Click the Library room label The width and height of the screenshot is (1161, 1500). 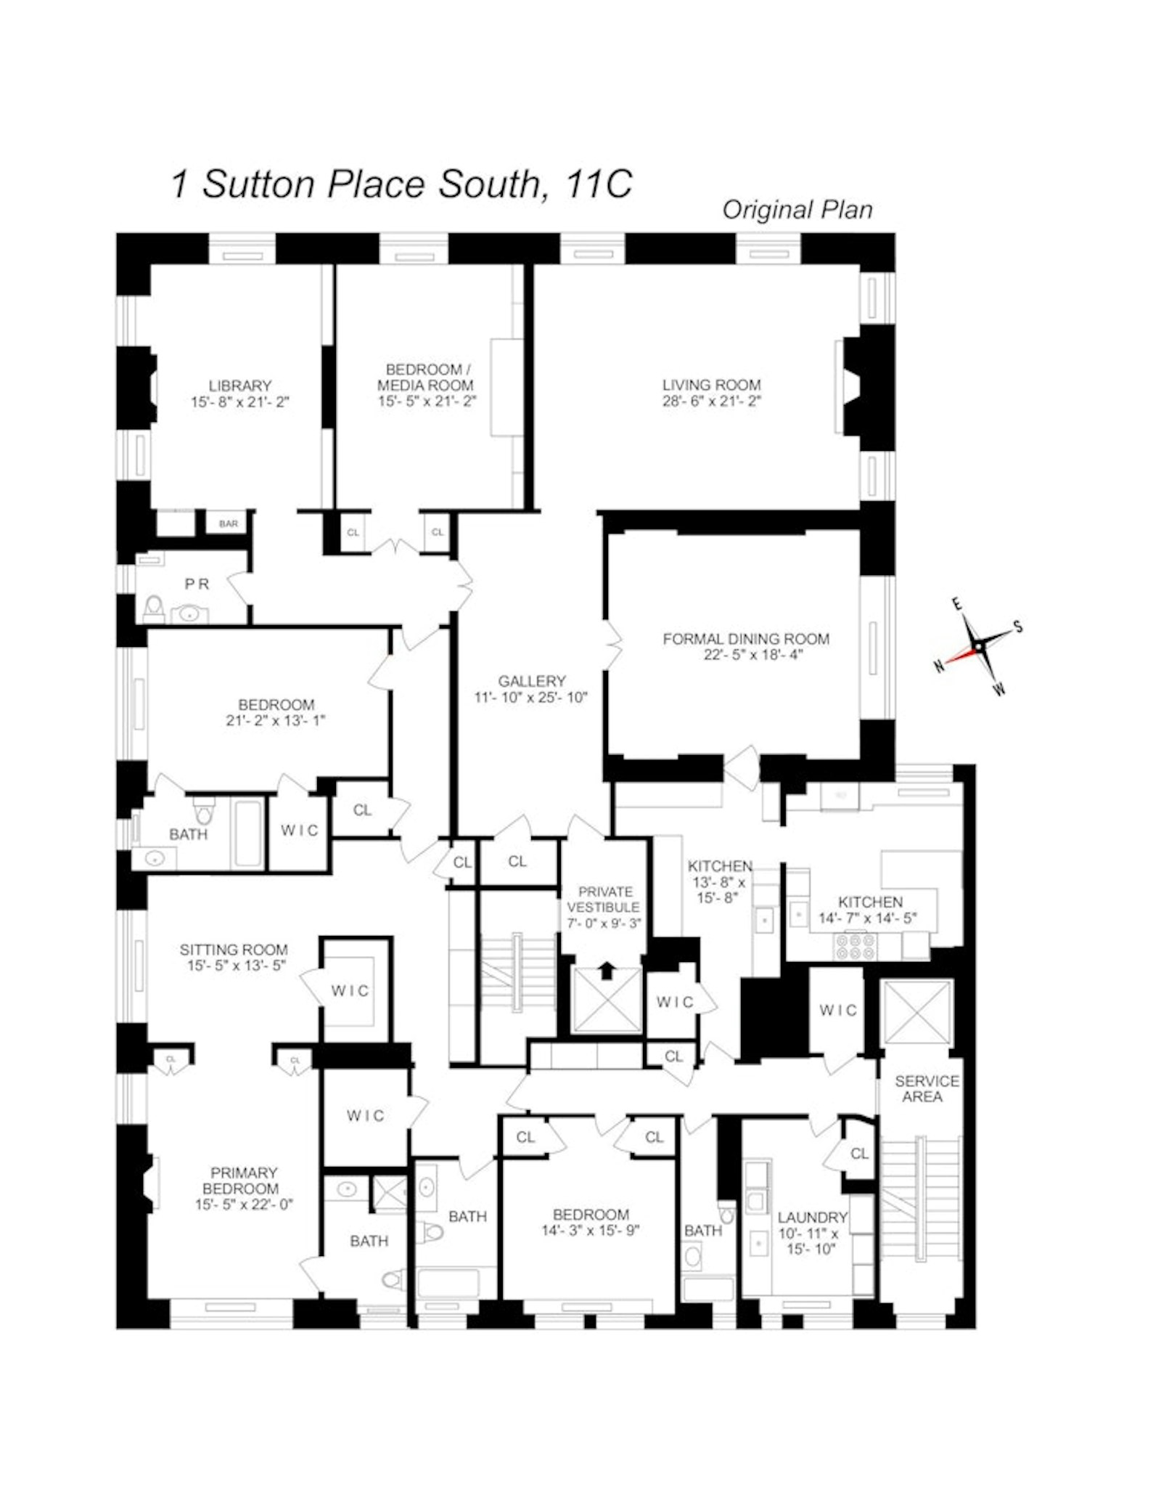click(x=239, y=386)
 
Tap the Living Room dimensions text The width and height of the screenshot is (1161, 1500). click(x=711, y=402)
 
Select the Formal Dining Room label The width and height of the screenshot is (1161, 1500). click(x=745, y=639)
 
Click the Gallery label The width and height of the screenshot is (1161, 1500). click(x=531, y=681)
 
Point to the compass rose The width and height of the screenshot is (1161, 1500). click(x=978, y=645)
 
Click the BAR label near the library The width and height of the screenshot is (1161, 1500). click(x=228, y=523)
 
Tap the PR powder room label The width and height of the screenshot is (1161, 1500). click(x=196, y=584)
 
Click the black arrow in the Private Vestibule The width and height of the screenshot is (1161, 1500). click(x=607, y=971)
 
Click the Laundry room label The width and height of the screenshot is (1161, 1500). click(x=812, y=1217)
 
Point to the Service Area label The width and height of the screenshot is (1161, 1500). click(x=926, y=1088)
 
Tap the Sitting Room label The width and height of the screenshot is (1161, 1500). click(x=234, y=949)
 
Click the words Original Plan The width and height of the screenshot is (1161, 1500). click(x=797, y=210)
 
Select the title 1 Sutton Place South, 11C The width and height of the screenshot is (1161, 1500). click(x=401, y=184)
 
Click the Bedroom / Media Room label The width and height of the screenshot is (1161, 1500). click(x=425, y=377)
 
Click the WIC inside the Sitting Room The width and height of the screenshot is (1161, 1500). click(x=350, y=990)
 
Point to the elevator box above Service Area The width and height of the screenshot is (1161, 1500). click(x=918, y=1012)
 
